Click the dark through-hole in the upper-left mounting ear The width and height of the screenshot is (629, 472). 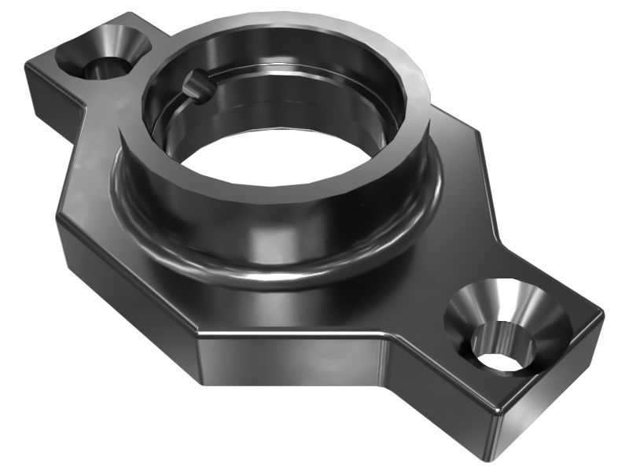coord(103,68)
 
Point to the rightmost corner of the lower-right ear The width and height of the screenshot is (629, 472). coord(602,315)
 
